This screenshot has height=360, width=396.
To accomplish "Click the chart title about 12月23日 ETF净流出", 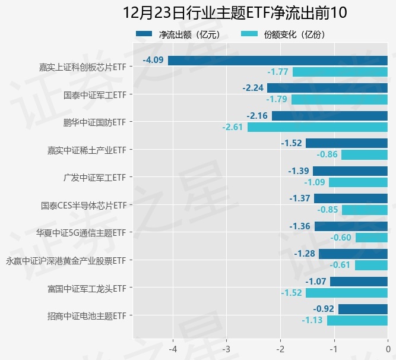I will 234,12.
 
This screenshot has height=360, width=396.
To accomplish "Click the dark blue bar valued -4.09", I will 278,61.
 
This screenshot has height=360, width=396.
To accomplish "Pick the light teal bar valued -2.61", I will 318,127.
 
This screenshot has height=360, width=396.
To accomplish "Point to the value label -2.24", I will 253,88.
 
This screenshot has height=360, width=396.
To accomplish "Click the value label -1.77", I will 278,72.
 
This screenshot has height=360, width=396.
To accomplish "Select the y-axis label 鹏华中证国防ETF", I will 95,122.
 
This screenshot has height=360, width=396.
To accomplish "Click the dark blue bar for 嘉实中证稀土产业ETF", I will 347,143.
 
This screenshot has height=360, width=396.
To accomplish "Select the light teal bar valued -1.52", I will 347,293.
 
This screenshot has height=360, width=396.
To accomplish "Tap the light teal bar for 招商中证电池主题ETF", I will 357,321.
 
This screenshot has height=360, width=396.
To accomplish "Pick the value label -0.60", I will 341,238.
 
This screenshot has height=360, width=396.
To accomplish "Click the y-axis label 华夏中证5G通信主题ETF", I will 81,233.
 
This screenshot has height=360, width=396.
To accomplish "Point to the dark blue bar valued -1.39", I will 350,171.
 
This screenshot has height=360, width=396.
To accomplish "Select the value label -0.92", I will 324,309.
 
